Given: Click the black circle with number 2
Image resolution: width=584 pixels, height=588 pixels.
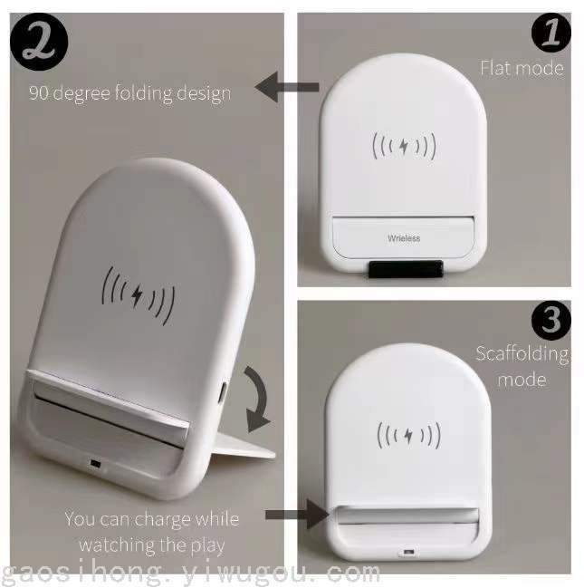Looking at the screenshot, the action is tap(39, 42).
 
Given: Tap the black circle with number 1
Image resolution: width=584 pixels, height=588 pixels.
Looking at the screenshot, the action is tap(551, 33).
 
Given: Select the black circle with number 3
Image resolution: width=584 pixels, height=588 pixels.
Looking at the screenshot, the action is tap(551, 320).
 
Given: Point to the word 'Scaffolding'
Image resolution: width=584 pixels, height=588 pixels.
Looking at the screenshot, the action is tap(522, 353).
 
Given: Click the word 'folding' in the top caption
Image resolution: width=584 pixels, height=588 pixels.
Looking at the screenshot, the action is tap(143, 93).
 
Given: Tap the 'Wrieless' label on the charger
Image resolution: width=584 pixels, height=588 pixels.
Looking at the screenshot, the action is tap(404, 238).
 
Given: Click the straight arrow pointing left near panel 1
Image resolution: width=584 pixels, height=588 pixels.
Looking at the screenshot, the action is tap(287, 87).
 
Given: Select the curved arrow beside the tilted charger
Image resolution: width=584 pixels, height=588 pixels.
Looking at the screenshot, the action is tap(257, 399).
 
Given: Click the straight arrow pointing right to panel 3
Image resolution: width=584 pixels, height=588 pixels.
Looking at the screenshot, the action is tap(297, 514).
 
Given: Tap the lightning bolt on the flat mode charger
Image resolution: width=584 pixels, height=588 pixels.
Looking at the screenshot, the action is tap(404, 146).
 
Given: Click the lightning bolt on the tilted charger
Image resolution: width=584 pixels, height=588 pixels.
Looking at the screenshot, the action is tap(137, 295).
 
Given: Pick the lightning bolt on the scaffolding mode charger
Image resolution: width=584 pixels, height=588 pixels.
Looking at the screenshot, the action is tap(408, 436).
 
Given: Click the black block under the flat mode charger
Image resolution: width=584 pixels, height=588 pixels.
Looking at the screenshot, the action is tap(406, 269).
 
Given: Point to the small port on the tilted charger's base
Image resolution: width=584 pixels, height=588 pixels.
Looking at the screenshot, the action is tap(96, 464).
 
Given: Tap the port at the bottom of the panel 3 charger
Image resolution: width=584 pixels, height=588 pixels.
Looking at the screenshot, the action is tap(409, 552).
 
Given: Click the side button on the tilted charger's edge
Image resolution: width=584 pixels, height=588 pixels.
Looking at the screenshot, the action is tap(224, 392).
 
